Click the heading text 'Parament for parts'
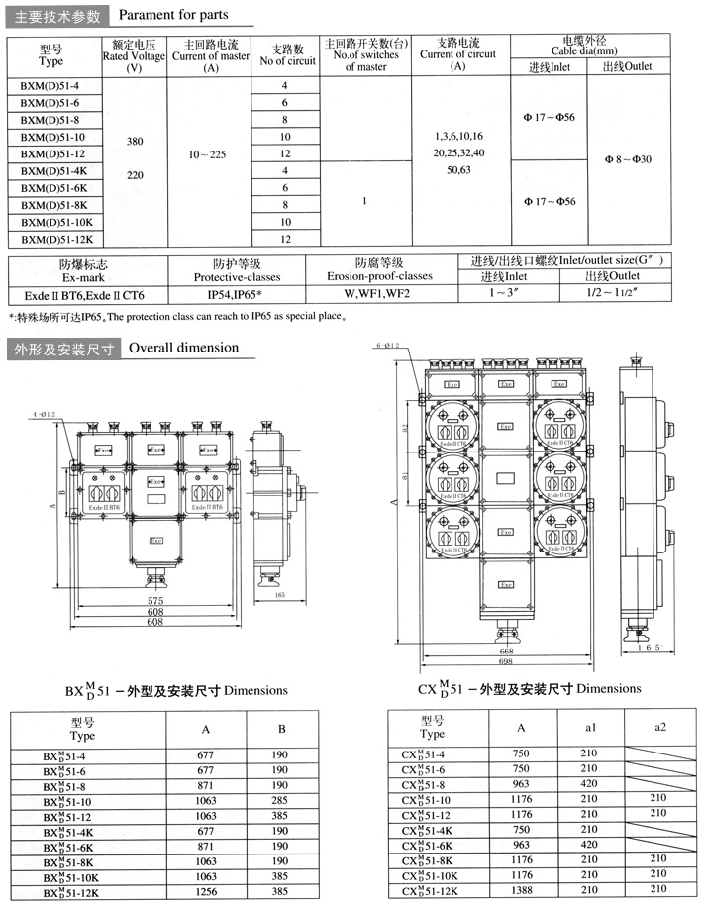click(x=173, y=15)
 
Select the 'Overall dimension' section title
click(x=183, y=348)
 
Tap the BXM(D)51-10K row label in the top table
click(x=58, y=222)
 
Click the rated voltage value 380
click(x=135, y=142)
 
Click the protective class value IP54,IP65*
click(x=234, y=294)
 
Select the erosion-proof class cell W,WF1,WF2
click(x=376, y=294)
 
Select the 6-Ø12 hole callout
click(x=387, y=345)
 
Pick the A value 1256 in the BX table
click(x=206, y=892)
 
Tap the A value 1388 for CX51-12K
click(x=522, y=891)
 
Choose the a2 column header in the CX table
click(x=660, y=727)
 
